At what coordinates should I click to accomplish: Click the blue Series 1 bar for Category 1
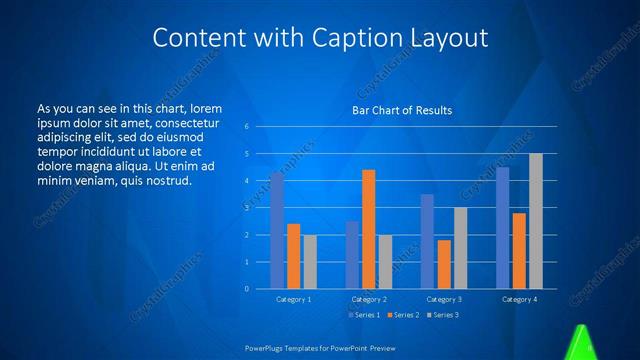pos(277,230)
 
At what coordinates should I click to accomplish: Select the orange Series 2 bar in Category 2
pos(368,229)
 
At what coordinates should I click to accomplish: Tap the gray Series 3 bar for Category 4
pos(535,221)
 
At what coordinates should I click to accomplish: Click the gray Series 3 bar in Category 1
pos(309,262)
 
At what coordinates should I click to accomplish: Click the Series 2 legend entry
pos(402,315)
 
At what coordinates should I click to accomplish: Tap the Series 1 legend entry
pos(362,315)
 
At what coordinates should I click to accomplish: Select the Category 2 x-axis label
pos(369,299)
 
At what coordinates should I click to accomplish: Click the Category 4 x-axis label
pos(519,299)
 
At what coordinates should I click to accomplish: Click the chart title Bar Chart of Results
pos(402,110)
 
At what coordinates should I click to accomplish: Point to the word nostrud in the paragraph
pos(165,180)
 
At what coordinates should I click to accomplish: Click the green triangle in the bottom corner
pos(581,344)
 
